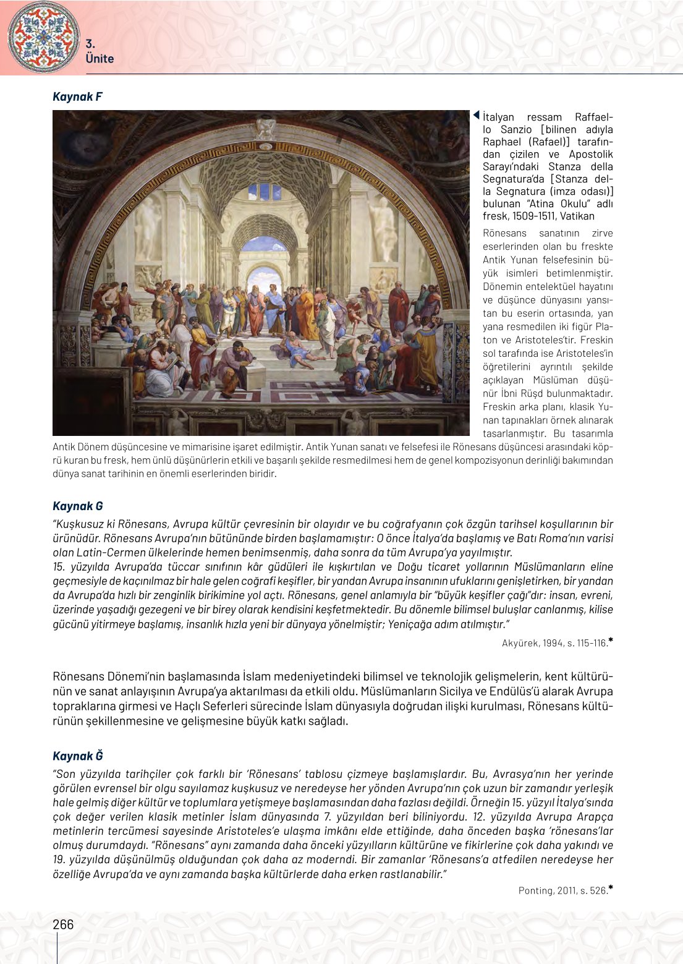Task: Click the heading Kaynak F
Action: click(x=77, y=96)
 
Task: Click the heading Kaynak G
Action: click(x=77, y=506)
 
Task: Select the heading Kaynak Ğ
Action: click(x=77, y=756)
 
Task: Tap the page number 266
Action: click(x=63, y=924)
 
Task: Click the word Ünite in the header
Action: click(x=100, y=59)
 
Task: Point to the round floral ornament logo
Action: click(x=43, y=36)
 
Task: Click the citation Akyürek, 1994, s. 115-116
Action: click(x=554, y=643)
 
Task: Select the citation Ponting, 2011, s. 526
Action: click(x=562, y=890)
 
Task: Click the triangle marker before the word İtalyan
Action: click(x=477, y=116)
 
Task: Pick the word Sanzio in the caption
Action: click(x=516, y=130)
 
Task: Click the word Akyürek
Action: click(x=521, y=643)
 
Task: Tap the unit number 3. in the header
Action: click(x=90, y=44)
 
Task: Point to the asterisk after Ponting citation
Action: click(x=611, y=889)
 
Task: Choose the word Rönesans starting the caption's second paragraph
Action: click(x=504, y=234)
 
